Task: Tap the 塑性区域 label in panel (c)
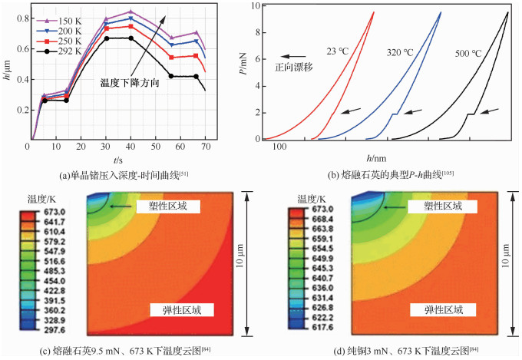coord(167,206)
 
